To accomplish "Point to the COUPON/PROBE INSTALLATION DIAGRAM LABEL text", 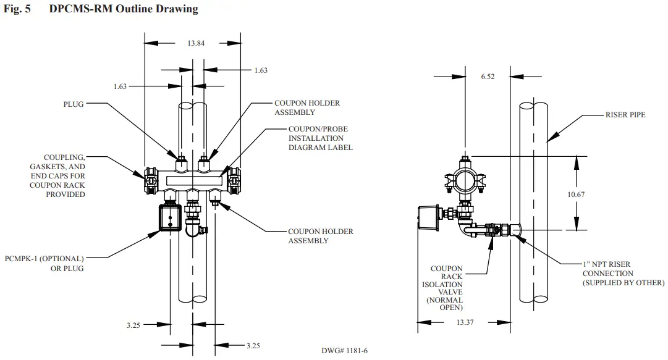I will point(320,138).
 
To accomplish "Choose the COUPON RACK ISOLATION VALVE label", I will point(446,288).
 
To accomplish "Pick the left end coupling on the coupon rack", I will point(150,181).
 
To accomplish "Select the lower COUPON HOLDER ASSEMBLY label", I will point(320,236).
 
